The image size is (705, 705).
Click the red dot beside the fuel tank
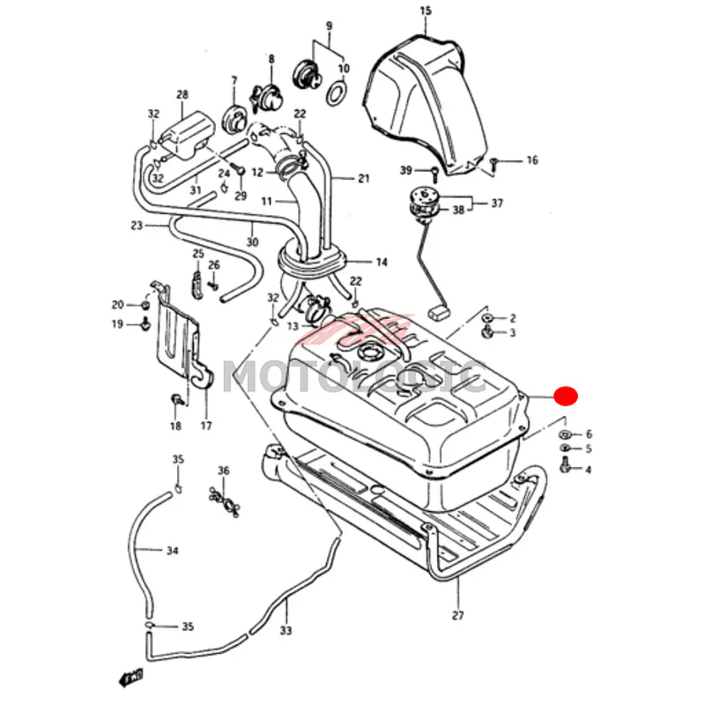(566, 396)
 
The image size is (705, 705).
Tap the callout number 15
(426, 11)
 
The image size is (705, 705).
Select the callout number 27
(456, 615)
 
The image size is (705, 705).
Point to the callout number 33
(286, 631)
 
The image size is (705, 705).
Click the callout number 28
(182, 94)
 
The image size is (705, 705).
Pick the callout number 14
(382, 262)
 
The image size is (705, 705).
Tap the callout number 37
(497, 204)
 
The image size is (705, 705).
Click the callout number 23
(137, 226)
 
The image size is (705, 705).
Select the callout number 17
(206, 426)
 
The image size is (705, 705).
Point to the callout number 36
(223, 471)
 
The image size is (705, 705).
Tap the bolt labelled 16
(495, 161)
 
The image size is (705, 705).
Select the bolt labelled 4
(566, 469)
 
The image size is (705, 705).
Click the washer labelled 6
(564, 434)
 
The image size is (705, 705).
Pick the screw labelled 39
(434, 169)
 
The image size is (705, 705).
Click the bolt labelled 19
(144, 325)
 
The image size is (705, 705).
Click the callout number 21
(363, 179)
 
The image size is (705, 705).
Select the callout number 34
(173, 552)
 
